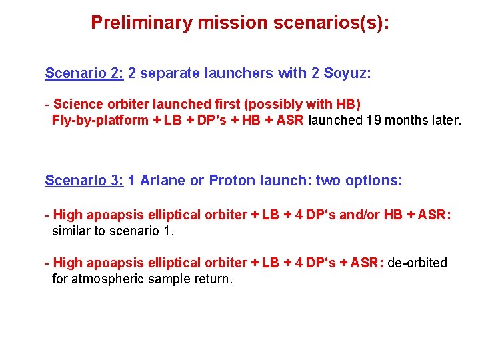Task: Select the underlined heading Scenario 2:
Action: (84, 73)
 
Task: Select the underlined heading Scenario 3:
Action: (84, 181)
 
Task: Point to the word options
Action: (376, 181)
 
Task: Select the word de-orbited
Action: (416, 263)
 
